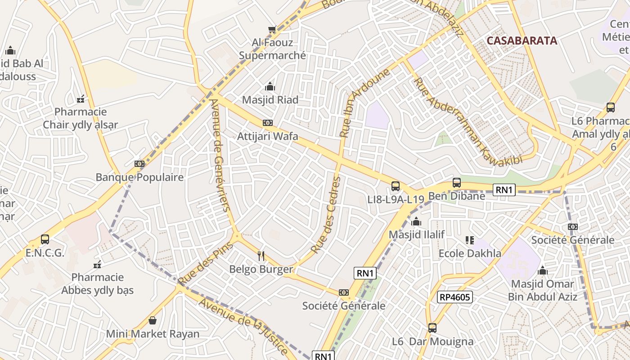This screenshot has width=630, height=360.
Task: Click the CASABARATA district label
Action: coord(522,40)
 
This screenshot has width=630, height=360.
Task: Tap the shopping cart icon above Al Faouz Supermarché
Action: coord(272,30)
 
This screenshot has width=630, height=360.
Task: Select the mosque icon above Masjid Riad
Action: coord(270,86)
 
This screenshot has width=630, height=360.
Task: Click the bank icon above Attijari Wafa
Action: coord(268,123)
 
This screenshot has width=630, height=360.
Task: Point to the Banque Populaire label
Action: coord(139,177)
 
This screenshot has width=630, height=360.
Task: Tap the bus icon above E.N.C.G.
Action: coord(45,239)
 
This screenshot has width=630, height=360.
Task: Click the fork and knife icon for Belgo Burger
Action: coord(261,256)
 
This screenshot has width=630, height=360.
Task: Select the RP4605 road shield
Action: coord(454,297)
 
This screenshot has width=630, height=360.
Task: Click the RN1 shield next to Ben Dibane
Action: coord(504,190)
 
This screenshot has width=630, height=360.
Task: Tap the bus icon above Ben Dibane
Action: coord(457,183)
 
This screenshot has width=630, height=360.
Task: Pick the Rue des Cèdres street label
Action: coord(326,215)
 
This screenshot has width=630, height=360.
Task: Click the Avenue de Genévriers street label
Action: coord(220,155)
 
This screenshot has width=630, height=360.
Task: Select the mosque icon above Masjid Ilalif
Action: coord(416,222)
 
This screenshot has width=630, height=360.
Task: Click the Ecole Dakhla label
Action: coord(470,253)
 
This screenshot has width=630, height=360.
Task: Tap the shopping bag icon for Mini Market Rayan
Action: coord(153,320)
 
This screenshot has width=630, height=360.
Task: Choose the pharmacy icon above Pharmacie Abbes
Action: coord(97,265)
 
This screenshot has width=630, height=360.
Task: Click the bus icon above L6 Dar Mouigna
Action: coord(432,328)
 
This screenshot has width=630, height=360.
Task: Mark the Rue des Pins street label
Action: coord(206,263)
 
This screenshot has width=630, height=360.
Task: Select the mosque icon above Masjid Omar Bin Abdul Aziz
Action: coord(543,270)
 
